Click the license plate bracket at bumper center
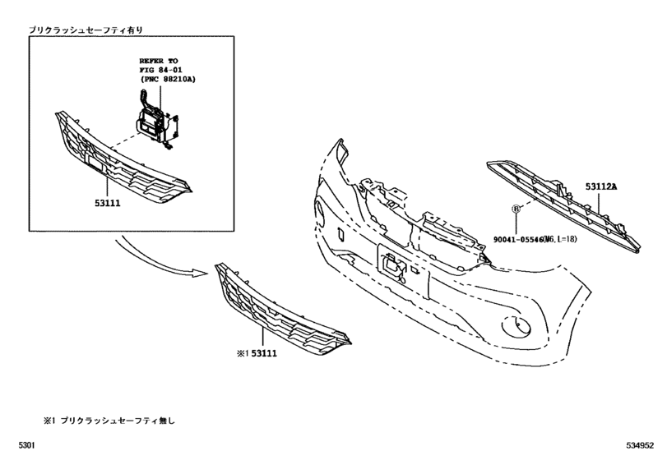393,264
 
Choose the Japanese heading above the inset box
86,30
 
